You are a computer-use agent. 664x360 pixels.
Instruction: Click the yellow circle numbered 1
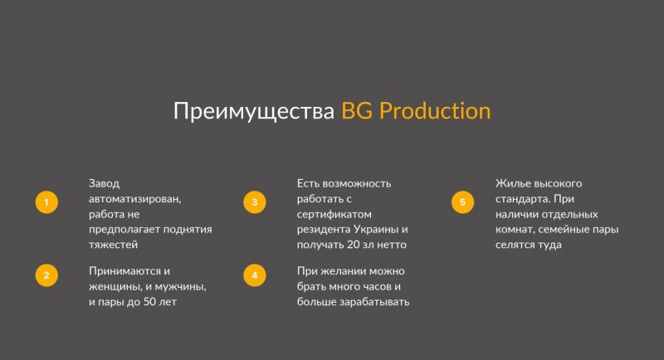[46, 202]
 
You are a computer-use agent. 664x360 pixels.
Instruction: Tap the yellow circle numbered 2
[46, 275]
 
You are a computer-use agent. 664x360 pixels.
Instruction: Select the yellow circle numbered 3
[255, 202]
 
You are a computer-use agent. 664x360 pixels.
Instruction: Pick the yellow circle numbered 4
[255, 275]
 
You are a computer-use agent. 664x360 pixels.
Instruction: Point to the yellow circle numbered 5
[462, 202]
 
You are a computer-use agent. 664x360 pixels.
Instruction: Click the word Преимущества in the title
[254, 112]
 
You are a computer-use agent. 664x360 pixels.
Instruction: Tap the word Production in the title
[435, 111]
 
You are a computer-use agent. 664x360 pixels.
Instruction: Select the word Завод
[105, 184]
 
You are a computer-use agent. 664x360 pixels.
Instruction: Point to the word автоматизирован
[134, 199]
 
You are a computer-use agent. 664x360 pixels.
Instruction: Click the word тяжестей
[113, 245]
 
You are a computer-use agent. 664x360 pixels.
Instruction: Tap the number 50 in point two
[149, 302]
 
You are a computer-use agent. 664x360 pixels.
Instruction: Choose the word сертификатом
[334, 215]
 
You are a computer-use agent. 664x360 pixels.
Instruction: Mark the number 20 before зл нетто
[354, 245]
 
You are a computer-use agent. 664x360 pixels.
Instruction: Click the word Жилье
[512, 183]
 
